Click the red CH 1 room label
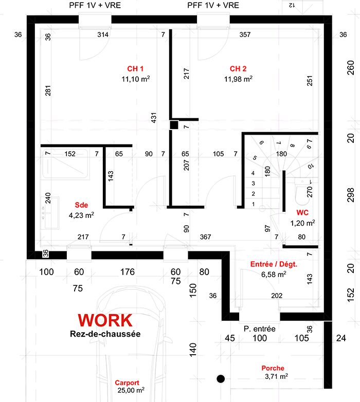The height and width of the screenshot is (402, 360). [135, 69]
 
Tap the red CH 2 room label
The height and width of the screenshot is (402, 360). [238, 69]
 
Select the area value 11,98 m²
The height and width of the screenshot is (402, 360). [238, 79]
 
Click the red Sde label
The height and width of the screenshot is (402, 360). [81, 205]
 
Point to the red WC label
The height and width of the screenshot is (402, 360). [302, 212]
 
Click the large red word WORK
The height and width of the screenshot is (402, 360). [105, 320]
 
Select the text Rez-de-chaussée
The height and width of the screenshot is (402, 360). [105, 334]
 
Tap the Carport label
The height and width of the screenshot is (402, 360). [127, 382]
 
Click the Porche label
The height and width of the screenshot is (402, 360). [273, 368]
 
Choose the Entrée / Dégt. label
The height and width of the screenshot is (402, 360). [274, 264]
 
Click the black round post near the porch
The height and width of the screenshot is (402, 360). [221, 379]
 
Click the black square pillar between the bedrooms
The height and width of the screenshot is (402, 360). [174, 125]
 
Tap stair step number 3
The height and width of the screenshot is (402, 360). [254, 184]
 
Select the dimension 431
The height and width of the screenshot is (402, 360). [154, 118]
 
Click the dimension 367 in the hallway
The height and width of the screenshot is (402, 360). [205, 237]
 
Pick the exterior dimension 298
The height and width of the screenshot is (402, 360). [351, 195]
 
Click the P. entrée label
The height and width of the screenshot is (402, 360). [260, 328]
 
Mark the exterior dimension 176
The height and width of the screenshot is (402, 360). [128, 272]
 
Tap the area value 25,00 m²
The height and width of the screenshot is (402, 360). [131, 390]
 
